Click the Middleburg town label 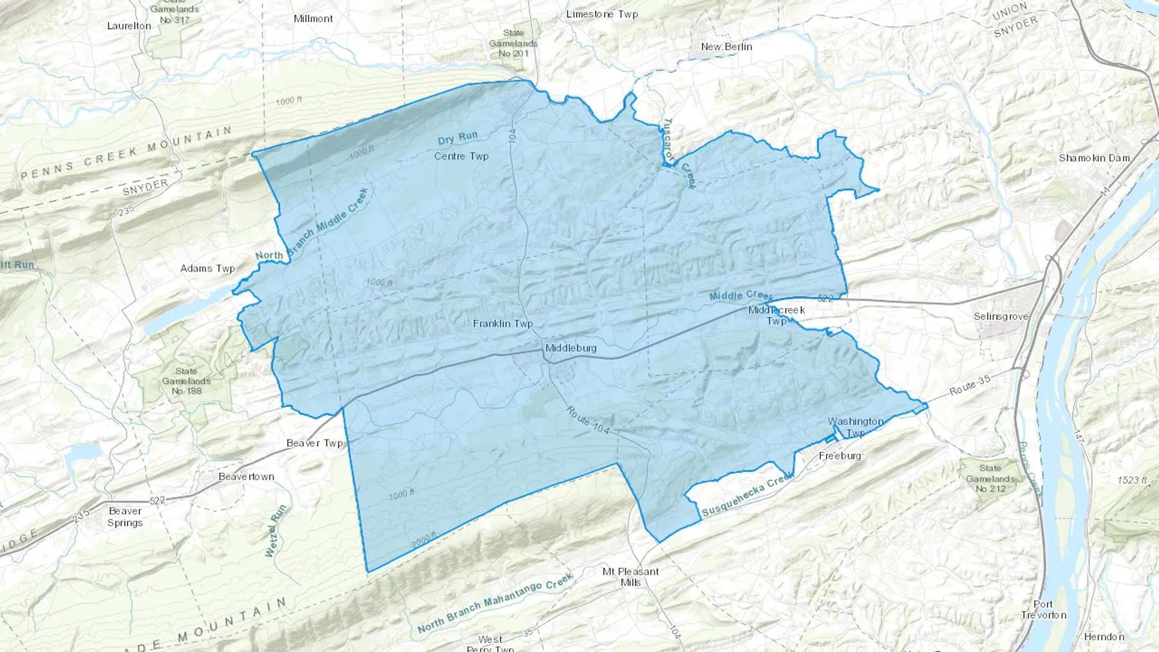pos(570,348)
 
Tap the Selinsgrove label pos(1001,316)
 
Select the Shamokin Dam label pos(1094,158)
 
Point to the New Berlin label pos(726,46)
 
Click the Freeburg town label pos(840,456)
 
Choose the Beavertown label pos(246,476)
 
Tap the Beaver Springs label pos(125,517)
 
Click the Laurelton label pos(129,26)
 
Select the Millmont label pos(313,18)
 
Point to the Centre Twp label pos(461,156)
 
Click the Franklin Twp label pos(502,323)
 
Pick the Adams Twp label pos(207,268)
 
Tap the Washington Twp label pos(855,427)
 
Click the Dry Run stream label pos(458,138)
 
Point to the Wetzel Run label pos(275,531)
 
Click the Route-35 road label pos(970,387)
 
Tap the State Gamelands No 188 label pos(186,381)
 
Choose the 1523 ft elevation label pos(1132,480)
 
